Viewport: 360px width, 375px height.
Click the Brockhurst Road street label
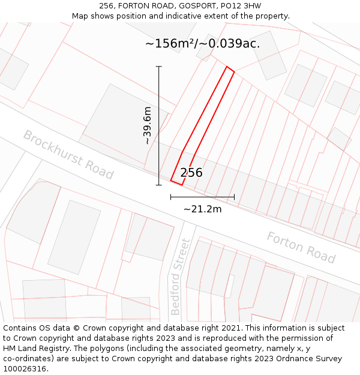click(x=68, y=154)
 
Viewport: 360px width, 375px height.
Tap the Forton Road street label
click(x=301, y=247)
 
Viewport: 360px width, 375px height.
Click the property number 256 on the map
click(x=191, y=173)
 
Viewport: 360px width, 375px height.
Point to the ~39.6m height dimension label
click(x=147, y=126)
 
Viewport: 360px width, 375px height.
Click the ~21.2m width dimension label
click(x=202, y=209)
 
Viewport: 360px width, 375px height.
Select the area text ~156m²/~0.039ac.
click(x=202, y=43)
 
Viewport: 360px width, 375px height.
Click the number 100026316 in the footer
click(x=25, y=369)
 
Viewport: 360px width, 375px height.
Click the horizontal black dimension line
click(x=202, y=197)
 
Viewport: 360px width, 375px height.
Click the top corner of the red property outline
click(x=227, y=67)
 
